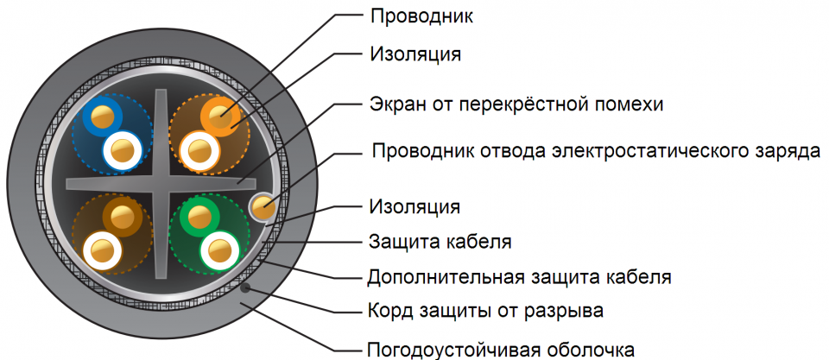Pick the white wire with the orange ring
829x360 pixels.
click(199, 152)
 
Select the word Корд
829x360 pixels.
click(390, 310)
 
